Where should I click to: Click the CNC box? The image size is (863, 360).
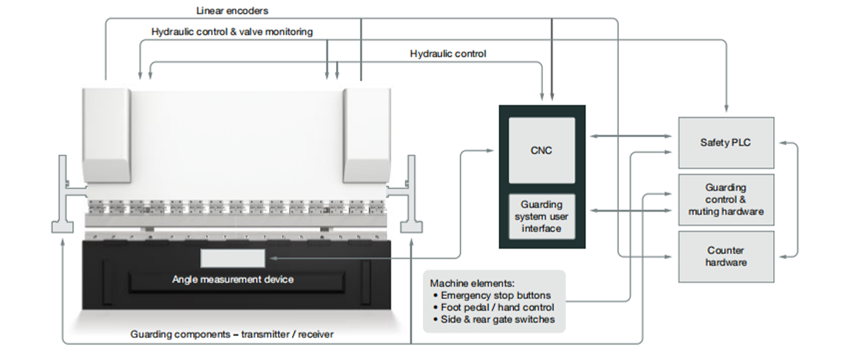(542, 150)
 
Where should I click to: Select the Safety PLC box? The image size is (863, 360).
(726, 143)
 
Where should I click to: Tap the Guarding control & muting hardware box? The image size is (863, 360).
(726, 200)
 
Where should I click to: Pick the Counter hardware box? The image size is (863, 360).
(726, 256)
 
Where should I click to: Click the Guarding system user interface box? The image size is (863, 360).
(542, 217)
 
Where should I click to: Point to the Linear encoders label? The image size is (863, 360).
(232, 11)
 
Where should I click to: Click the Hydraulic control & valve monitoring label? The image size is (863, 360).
(232, 31)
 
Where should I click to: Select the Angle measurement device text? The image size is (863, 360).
(233, 280)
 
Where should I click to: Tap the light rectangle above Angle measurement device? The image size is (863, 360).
(233, 258)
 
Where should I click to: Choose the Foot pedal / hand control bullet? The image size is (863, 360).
(497, 307)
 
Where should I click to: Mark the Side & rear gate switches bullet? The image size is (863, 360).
(497, 320)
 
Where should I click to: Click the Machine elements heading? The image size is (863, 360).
(472, 283)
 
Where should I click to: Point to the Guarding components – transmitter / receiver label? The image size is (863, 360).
(232, 334)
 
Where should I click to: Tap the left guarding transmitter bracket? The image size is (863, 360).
(64, 196)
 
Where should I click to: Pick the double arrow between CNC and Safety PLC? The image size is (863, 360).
(627, 136)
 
